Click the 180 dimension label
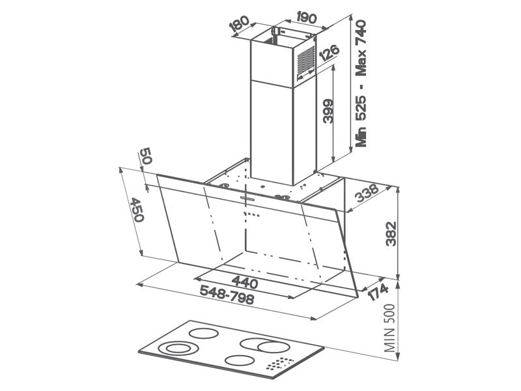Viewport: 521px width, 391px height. click(239, 24)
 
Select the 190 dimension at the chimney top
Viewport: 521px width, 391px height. click(305, 18)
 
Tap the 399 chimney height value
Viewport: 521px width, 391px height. click(328, 111)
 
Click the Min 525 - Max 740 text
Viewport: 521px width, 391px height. click(361, 83)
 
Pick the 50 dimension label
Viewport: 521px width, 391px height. click(145, 156)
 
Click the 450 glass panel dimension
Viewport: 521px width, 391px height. click(137, 210)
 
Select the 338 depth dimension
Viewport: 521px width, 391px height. click(367, 193)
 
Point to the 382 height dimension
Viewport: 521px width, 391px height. click(391, 233)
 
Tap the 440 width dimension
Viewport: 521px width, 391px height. click(245, 282)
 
